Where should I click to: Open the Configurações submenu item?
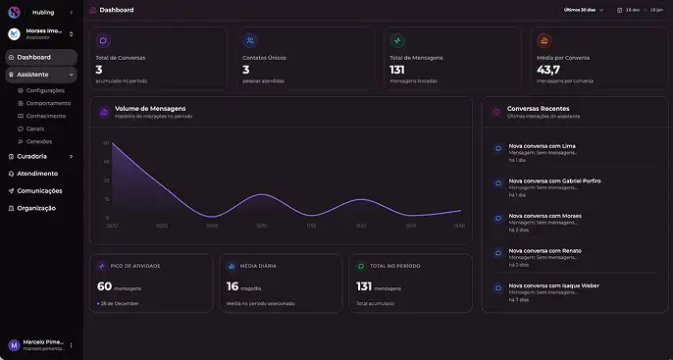[x=45, y=90]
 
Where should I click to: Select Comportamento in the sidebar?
[x=48, y=103]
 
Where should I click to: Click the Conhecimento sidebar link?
[x=46, y=116]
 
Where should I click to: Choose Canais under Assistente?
[x=35, y=129]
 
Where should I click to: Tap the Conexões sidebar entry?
[x=39, y=141]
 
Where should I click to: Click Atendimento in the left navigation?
[x=37, y=174]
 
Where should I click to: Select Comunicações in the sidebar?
[x=39, y=191]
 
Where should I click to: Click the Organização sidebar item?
[x=36, y=208]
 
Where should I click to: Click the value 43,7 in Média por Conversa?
[x=548, y=70]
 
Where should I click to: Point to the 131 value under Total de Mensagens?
[x=397, y=70]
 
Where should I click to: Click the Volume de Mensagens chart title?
[x=150, y=108]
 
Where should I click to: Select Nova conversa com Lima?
[x=542, y=146]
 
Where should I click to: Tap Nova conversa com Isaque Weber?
[x=553, y=285]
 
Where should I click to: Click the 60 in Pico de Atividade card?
[x=104, y=286]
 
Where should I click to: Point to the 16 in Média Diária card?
[x=233, y=286]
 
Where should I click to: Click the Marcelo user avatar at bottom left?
[x=14, y=345]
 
